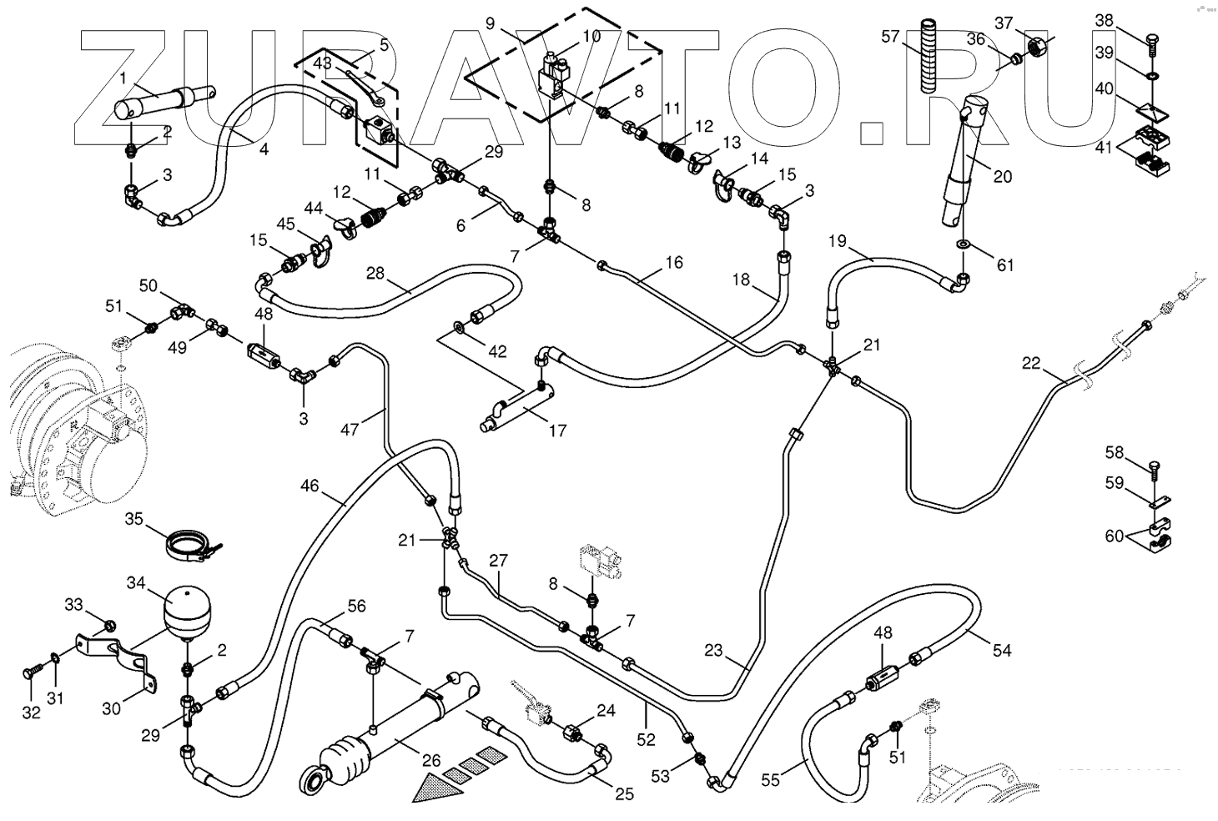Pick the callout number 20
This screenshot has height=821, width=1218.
(x=1002, y=176)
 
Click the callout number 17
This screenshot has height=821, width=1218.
(x=556, y=431)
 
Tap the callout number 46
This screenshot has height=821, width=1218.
(x=309, y=486)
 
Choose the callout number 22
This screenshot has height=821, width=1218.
(x=1032, y=362)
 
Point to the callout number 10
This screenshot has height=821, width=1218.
(x=591, y=36)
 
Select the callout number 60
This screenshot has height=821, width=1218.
(x=1115, y=536)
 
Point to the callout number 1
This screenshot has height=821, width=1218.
(x=122, y=78)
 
